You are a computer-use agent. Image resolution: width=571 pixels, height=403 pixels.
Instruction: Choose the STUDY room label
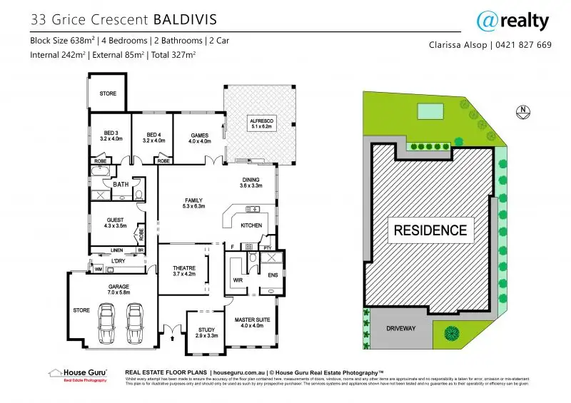[x=206, y=331]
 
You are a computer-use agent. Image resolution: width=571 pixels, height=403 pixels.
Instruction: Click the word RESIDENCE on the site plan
[x=430, y=230]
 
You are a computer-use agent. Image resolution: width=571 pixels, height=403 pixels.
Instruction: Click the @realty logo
[x=512, y=21]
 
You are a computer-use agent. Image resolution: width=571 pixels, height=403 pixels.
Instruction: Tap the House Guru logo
[x=77, y=374]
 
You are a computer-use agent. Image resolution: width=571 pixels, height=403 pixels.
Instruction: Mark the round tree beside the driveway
[x=452, y=332]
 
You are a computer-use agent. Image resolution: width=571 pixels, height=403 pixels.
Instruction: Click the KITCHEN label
[x=251, y=225]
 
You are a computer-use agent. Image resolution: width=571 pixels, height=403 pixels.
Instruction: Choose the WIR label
[x=238, y=280]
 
